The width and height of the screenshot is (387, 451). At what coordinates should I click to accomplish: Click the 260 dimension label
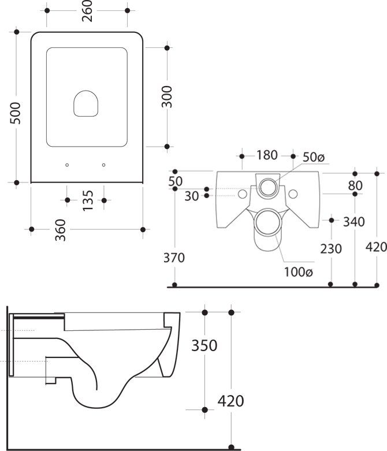point(88,11)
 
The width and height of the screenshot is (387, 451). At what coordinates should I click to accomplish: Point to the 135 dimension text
point(87,200)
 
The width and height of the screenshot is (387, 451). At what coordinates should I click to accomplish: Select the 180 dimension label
point(267,155)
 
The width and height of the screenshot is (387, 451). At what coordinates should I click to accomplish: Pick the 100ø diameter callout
point(298,271)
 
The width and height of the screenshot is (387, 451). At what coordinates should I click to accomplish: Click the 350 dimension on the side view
point(204,345)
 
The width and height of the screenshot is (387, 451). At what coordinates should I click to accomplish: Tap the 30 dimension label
point(191,196)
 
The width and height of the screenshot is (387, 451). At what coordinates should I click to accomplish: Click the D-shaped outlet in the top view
point(85,103)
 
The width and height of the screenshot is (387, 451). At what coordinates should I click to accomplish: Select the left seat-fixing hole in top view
point(68,165)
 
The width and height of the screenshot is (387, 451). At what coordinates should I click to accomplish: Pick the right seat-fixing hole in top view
point(104,165)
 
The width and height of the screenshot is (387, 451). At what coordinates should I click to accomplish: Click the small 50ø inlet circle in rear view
point(268,186)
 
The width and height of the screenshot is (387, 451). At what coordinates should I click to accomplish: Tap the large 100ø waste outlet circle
point(267,221)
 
